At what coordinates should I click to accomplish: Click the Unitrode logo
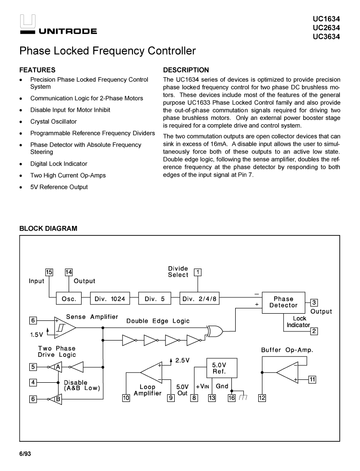coord(58,26)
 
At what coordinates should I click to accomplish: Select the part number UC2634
coord(326,28)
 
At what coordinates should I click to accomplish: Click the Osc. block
coord(66,299)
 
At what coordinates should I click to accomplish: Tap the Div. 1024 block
coord(110,299)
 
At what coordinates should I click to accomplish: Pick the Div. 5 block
coord(155,299)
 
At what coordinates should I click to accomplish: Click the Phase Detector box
coord(283,302)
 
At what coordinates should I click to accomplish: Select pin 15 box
coord(49,272)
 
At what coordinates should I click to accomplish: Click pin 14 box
coord(69,272)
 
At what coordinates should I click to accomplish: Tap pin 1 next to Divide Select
coord(197,272)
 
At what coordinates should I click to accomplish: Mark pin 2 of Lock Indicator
coord(314,331)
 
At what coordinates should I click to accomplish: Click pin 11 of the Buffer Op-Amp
coord(312,380)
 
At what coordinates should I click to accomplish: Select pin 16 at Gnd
coord(231,397)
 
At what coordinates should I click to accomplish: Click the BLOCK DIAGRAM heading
coord(48,229)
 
